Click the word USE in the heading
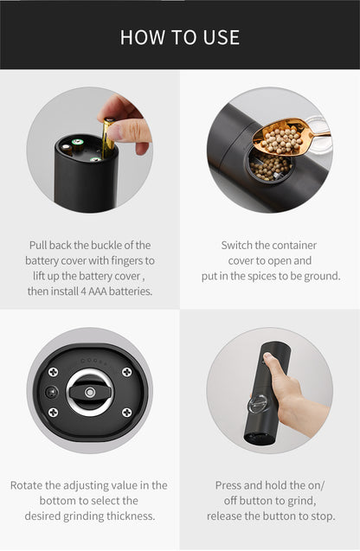pyautogui.click(x=222, y=37)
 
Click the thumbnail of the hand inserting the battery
pyautogui.click(x=90, y=150)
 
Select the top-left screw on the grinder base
pyautogui.click(x=53, y=372)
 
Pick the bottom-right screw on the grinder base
pyautogui.click(x=126, y=413)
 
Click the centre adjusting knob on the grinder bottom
pyautogui.click(x=90, y=392)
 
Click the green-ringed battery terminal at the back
pyautogui.click(x=77, y=143)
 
